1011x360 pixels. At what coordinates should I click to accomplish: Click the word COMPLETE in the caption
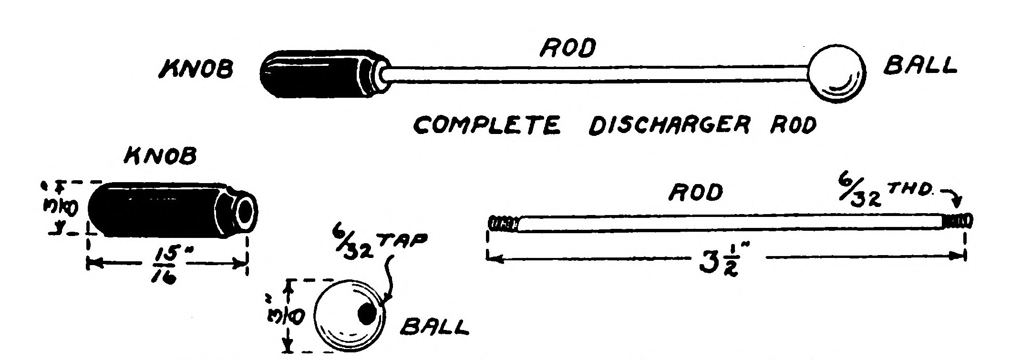click(x=486, y=125)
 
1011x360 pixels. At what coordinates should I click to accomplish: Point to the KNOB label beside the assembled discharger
click(x=196, y=70)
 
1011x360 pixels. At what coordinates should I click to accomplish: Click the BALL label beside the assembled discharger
click(x=920, y=66)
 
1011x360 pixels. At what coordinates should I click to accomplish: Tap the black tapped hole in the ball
click(x=368, y=313)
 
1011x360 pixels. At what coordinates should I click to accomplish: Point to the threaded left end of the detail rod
click(x=503, y=224)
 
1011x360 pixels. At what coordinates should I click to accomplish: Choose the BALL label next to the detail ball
click(x=433, y=328)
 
